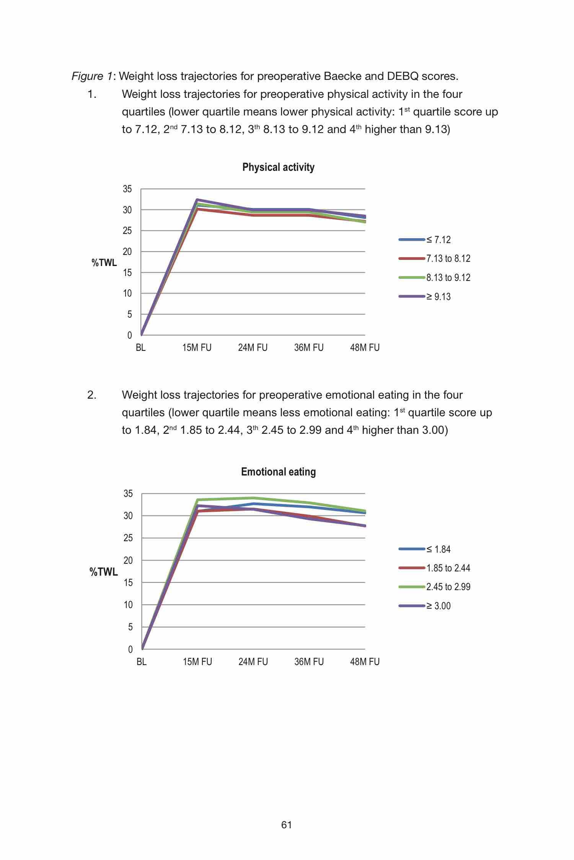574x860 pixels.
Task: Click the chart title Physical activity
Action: point(278,167)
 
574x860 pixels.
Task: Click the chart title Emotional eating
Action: point(278,472)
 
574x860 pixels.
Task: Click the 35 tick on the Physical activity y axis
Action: point(127,189)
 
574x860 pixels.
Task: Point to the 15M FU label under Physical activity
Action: point(197,348)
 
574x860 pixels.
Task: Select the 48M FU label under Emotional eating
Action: point(365,662)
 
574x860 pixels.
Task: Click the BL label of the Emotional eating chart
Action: point(142,662)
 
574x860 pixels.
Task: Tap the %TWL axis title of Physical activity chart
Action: point(104,263)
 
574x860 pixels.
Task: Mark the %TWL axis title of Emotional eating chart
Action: point(104,572)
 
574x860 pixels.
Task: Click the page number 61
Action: point(287,825)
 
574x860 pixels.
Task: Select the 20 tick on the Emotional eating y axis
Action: point(128,560)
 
